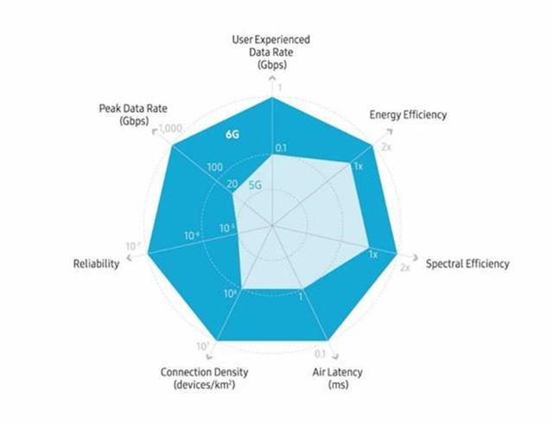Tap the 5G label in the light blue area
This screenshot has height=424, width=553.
pos(256,184)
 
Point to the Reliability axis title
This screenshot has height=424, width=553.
pos(96,263)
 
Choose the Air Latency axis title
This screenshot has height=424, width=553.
pos(338,378)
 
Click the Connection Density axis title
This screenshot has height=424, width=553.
pos(198,377)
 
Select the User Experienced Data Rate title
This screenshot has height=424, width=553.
pos(271,51)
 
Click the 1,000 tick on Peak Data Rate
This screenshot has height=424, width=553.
pos(169,128)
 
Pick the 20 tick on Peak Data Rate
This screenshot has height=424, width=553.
pos(231,183)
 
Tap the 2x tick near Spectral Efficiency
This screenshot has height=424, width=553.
pos(404,268)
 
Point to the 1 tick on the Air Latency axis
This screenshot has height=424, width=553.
pos(300,297)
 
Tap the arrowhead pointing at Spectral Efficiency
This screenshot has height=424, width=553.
pos(416,257)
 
